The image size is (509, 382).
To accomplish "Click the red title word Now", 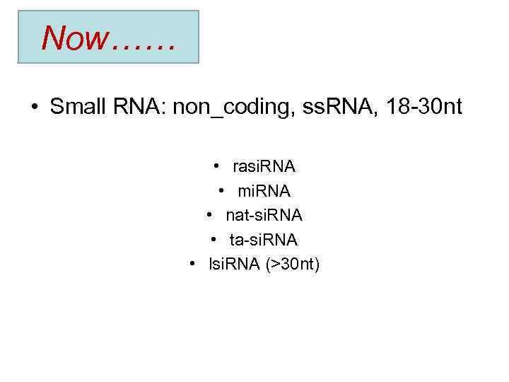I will click(73, 38).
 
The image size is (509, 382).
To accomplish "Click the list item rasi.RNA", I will click(264, 167).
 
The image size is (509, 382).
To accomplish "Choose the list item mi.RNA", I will click(264, 191).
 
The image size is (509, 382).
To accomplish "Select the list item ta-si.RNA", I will click(264, 240).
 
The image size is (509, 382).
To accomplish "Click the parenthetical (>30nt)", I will click(293, 265).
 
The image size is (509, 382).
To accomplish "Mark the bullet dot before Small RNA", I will click(33, 108).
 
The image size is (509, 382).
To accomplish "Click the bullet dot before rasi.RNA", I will click(216, 167).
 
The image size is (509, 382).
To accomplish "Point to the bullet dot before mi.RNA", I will click(221, 191).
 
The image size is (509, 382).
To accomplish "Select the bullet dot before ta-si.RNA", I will click(214, 240).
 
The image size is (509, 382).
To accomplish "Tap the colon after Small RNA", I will click(165, 109).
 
